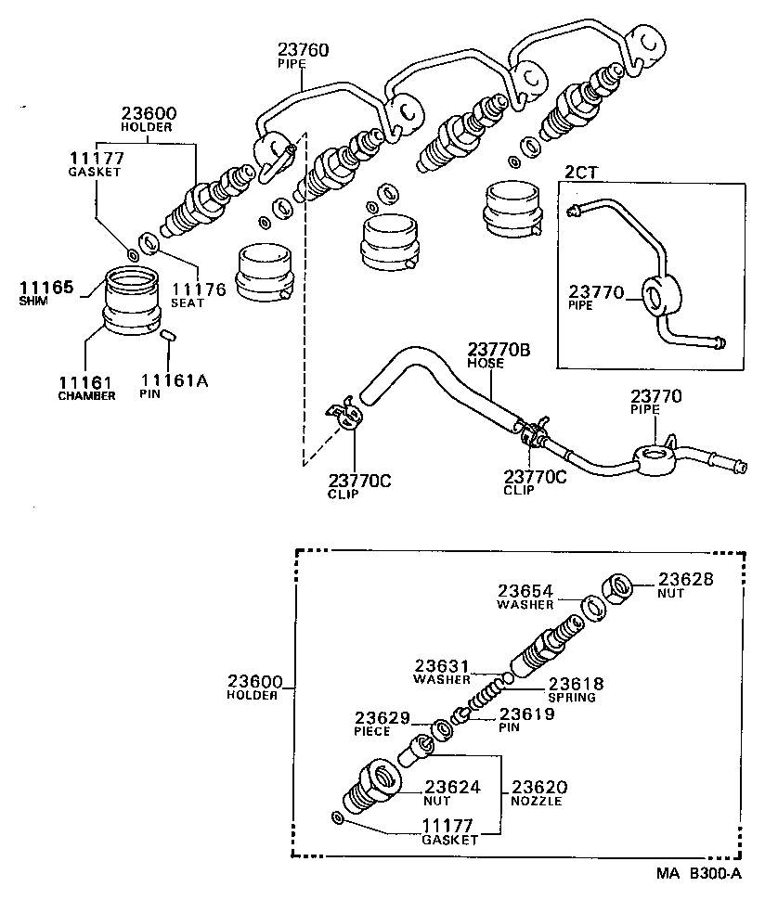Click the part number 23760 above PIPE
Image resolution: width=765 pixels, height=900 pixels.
(303, 49)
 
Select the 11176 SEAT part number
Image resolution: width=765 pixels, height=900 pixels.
(198, 289)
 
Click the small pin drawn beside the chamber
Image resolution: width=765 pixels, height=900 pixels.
(168, 336)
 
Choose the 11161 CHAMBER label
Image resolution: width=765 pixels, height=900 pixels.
(86, 382)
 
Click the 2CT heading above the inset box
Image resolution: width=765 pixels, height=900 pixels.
(582, 172)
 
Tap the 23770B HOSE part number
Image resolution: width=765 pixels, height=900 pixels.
(498, 350)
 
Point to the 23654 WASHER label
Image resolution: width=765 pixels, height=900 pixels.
(525, 591)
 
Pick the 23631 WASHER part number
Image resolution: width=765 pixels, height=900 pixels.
(443, 665)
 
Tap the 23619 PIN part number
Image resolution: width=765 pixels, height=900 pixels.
(527, 714)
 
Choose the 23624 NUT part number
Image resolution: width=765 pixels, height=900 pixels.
(452, 788)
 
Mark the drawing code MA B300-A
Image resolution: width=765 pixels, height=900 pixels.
(698, 874)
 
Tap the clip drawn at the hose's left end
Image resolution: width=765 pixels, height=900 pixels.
(344, 415)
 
